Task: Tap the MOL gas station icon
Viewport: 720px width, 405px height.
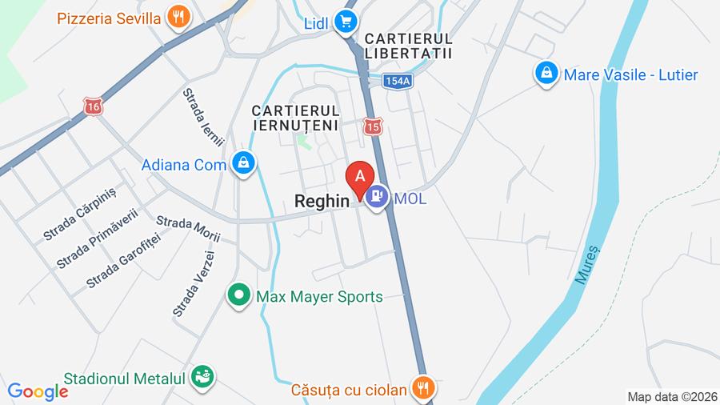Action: pos(377,196)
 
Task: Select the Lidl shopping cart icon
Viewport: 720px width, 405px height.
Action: pos(345,22)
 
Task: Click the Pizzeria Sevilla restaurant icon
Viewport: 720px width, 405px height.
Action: pos(178,17)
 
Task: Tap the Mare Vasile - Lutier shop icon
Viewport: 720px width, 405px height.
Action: pos(546,74)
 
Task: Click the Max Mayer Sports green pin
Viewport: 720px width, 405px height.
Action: pos(238,296)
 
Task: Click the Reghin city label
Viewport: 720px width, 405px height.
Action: pos(322,202)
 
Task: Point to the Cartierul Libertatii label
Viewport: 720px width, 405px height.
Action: pos(408,46)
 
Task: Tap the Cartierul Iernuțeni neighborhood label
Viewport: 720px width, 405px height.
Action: pos(294,117)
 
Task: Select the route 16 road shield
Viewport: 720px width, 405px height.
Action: pos(93,106)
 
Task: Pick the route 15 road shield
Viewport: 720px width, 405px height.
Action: pos(372,126)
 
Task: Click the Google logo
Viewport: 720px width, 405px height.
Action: pos(38,391)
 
